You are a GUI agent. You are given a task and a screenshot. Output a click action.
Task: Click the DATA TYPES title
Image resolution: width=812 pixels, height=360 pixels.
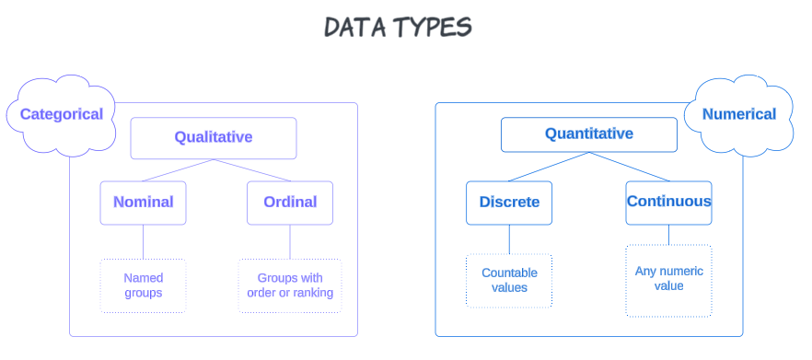pos(397,27)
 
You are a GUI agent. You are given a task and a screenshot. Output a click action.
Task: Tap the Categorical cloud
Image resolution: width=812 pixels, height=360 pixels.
pos(61,115)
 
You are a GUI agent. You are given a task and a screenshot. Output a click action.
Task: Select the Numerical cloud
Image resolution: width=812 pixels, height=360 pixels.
pos(738,115)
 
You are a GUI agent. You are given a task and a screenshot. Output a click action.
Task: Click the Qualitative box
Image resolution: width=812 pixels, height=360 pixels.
pos(214,138)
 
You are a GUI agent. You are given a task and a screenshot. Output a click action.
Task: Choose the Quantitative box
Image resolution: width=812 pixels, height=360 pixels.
pos(589,134)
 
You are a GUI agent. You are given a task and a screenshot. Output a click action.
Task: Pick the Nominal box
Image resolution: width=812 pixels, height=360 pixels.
pos(143,203)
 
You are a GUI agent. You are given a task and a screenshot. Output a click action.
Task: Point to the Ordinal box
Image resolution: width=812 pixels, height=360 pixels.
pos(290,203)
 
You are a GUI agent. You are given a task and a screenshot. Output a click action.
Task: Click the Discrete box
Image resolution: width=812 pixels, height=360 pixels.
pos(509,203)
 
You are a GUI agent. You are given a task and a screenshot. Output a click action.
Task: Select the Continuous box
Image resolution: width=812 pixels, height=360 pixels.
pos(669,202)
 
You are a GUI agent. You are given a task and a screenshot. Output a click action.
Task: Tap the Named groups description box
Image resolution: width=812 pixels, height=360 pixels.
pos(143,285)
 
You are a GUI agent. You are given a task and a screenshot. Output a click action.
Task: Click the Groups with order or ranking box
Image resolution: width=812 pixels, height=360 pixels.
pos(290,285)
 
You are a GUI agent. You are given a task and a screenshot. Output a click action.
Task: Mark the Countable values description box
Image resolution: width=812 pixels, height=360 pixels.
pos(509,281)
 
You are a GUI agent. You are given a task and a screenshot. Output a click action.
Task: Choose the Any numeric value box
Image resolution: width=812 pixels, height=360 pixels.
pos(669,279)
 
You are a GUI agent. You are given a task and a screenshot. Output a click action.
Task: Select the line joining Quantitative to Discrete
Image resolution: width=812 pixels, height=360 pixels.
pos(549,167)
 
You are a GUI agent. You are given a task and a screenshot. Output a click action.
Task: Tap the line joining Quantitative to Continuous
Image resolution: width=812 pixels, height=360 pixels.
pos(630,167)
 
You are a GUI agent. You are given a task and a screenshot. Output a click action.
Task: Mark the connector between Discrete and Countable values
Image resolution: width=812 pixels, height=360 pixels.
pos(509,239)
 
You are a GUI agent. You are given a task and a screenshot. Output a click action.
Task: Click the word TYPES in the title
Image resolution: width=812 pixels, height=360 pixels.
pos(432,27)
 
